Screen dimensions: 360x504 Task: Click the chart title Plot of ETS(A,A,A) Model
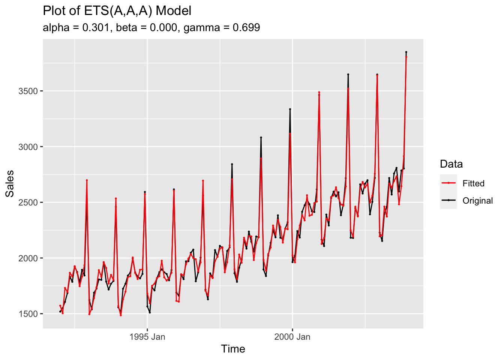[x=117, y=11]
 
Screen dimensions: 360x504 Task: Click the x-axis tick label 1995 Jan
[x=147, y=337]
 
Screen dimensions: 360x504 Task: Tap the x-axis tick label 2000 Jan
[x=292, y=337]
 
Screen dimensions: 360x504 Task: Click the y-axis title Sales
[x=10, y=183]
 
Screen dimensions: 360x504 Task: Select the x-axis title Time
[x=233, y=349]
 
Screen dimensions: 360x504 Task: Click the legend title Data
[x=451, y=164]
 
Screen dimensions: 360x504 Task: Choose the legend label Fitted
[x=473, y=183]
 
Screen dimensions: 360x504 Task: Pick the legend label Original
[x=477, y=201]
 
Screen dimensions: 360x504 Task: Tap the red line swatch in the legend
[x=448, y=183]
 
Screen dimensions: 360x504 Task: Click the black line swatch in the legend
[x=448, y=201]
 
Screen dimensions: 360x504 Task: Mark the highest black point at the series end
[x=406, y=52]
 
